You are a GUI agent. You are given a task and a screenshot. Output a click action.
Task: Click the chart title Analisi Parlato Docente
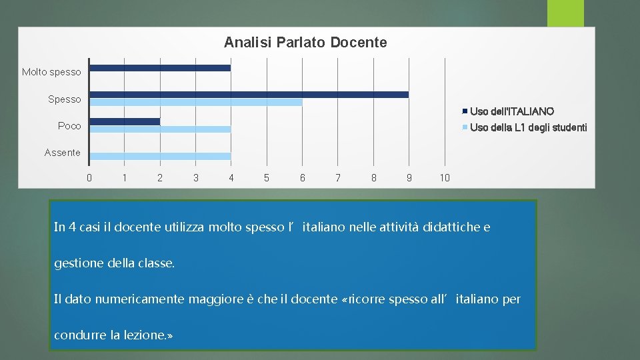(305, 43)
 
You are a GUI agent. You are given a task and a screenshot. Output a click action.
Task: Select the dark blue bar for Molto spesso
(160, 68)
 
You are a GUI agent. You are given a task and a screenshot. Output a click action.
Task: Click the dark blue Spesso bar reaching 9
(249, 95)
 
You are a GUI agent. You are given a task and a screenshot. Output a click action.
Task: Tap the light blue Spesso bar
(196, 103)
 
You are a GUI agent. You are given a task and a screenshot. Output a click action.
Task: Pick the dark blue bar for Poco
(125, 121)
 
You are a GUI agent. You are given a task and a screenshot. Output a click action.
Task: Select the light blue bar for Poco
(160, 129)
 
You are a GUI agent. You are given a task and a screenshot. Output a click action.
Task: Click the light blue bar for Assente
(160, 156)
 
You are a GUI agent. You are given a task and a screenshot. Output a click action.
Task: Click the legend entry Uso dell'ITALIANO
(511, 111)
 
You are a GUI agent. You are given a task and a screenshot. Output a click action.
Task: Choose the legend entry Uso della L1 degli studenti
(528, 127)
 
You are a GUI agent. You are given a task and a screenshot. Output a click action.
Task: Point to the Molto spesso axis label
(51, 72)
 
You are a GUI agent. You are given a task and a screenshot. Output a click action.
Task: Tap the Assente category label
(62, 153)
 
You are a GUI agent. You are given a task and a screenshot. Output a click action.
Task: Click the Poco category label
(69, 126)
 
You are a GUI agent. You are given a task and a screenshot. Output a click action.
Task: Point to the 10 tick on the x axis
(445, 177)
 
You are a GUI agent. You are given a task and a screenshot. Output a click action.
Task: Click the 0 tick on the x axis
(89, 177)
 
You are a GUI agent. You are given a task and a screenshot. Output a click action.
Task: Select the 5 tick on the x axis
(267, 177)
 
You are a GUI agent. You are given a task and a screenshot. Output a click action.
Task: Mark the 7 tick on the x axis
(338, 177)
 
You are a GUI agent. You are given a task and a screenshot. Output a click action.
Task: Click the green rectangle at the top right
(565, 13)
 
